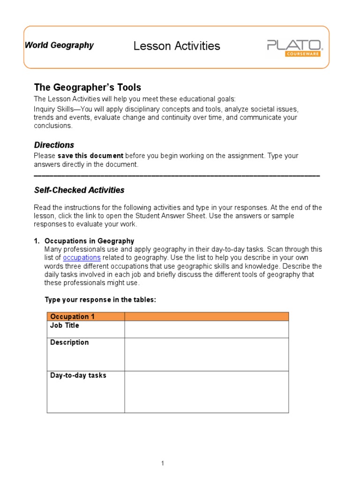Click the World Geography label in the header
59,45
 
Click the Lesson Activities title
177,46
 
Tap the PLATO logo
294,45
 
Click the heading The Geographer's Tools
87,88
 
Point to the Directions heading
54,145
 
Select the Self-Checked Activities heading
79,190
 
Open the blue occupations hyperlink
82,258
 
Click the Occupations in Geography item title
89,241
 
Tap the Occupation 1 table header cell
72,316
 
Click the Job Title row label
65,325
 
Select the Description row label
69,342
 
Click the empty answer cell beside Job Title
206,330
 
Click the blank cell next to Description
206,354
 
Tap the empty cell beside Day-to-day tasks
206,392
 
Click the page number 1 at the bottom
163,464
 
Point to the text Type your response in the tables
100,300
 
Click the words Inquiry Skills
52,109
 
